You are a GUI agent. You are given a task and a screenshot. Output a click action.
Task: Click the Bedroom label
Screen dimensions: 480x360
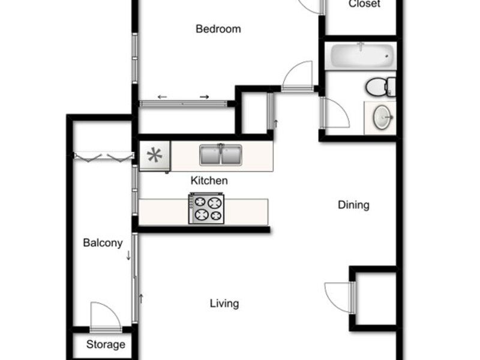coord(218,29)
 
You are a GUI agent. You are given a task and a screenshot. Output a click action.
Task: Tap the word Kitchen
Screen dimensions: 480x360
coord(209,181)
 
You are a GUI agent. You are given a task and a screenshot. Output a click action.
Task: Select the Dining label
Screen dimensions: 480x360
coord(353,205)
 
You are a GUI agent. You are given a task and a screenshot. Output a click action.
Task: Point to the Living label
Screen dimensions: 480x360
coord(224,304)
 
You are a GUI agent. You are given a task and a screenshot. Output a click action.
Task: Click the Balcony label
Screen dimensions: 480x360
coord(103,243)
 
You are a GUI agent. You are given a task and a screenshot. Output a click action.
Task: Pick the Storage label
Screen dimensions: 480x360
coord(106,344)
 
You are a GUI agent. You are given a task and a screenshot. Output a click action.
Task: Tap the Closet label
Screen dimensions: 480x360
coord(364,4)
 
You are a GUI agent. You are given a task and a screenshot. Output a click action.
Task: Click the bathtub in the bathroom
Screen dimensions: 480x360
coord(361,56)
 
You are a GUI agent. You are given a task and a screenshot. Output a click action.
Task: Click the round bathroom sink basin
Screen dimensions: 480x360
coord(383,117)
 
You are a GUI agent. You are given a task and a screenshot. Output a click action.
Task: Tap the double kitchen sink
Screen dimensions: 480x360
coord(220,155)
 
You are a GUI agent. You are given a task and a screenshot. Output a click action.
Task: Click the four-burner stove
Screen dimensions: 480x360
coord(206,208)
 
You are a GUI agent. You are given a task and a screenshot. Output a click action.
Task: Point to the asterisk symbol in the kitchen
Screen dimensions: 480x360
coord(155,155)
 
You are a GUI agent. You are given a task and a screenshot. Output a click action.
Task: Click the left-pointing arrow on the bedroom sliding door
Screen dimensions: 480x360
coord(162,97)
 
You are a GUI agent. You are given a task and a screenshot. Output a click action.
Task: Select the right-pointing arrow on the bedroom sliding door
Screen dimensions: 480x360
coord(205,97)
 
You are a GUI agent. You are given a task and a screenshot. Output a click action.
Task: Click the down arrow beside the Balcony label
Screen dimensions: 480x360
coord(128,256)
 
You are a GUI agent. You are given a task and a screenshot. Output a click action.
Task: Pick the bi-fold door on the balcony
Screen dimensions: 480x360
coord(103,157)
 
